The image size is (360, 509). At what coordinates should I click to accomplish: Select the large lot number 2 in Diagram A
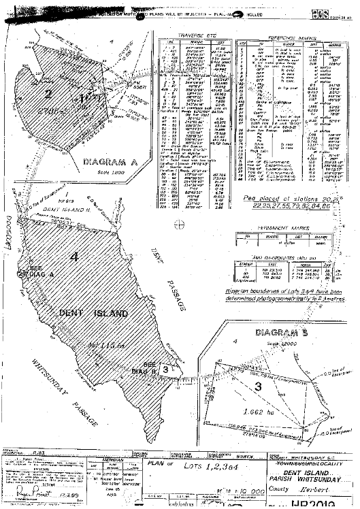[x=49, y=93]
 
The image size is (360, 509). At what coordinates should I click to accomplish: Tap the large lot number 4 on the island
[x=76, y=257]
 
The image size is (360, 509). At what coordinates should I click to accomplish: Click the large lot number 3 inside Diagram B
[x=258, y=388]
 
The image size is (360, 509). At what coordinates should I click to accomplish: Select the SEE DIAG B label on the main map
[x=150, y=367]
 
